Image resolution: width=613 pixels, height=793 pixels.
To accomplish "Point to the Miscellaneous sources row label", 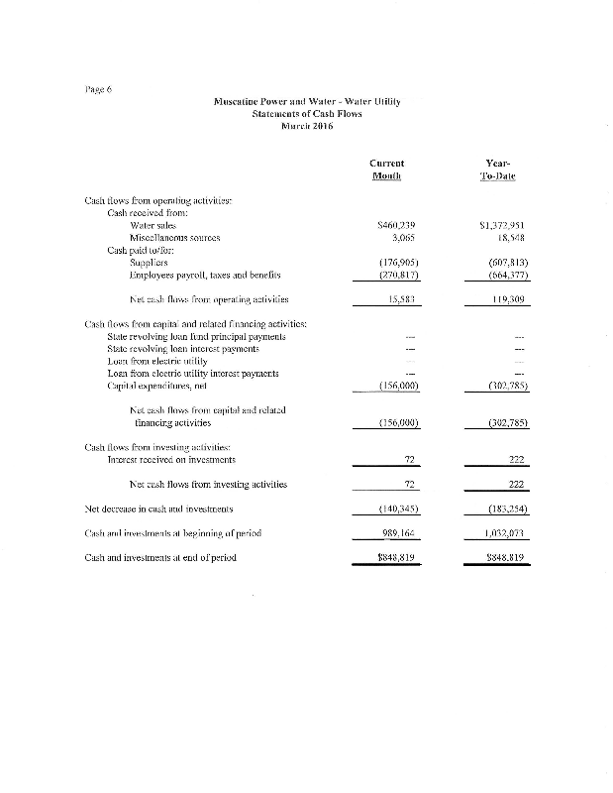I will tap(174, 239).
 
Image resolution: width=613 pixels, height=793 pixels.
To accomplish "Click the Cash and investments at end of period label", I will tap(160, 557).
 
